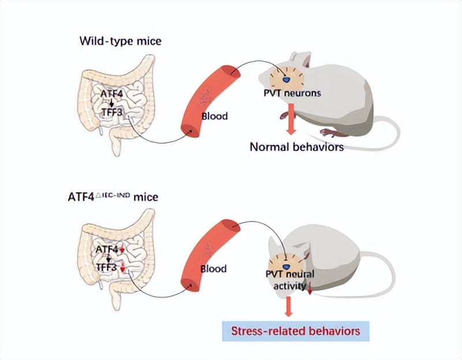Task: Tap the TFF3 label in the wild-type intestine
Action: (111, 112)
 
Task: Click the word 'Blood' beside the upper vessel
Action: (214, 116)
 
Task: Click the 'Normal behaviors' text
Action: (296, 147)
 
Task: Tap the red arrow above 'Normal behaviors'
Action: (293, 120)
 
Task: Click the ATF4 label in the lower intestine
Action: (107, 249)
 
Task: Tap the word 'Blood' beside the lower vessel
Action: (213, 269)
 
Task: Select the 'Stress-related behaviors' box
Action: (295, 331)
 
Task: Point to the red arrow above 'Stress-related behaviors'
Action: (289, 306)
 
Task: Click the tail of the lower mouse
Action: (381, 271)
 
